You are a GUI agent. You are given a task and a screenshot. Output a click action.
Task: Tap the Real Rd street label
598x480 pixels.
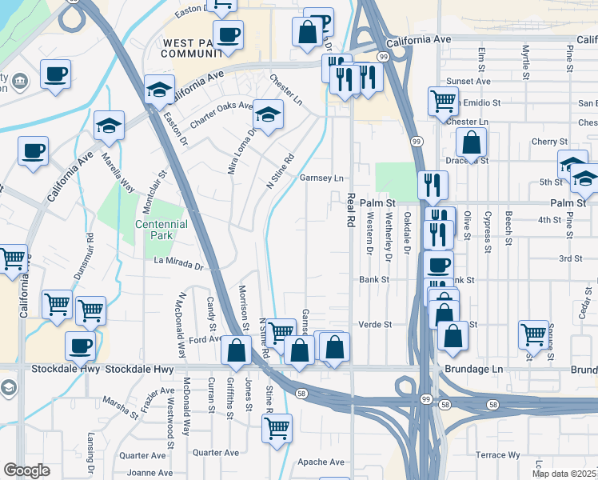[350, 210]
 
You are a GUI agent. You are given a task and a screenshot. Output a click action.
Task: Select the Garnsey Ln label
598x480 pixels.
[321, 178]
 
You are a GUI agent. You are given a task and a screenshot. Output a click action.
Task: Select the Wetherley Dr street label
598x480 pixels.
[389, 237]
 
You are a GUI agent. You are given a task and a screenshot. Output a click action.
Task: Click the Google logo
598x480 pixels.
[26, 470]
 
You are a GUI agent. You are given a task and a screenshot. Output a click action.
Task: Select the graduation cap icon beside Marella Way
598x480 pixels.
[109, 125]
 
